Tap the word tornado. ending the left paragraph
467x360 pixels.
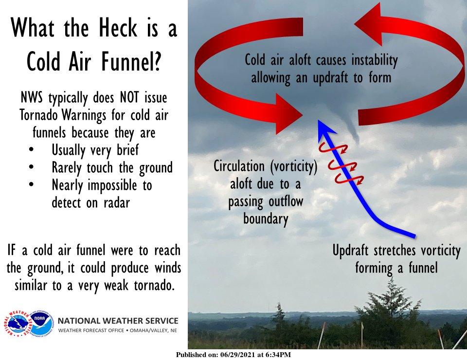click(x=151, y=285)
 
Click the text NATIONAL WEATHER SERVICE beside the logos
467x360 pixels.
click(x=118, y=321)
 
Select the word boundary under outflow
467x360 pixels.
click(x=265, y=219)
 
